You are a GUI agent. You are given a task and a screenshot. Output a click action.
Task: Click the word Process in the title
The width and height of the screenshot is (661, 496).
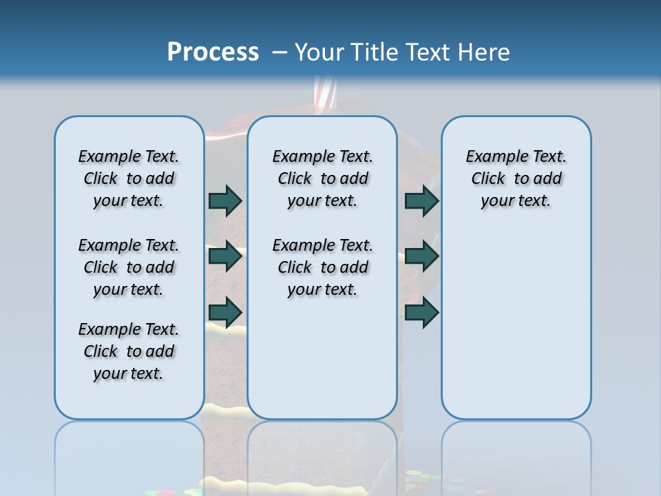(213, 52)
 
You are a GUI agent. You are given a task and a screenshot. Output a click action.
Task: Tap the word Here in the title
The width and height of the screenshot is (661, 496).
(483, 52)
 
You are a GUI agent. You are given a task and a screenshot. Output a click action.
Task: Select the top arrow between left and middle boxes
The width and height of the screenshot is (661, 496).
(225, 200)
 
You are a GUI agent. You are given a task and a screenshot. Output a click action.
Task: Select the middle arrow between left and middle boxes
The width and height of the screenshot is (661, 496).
(225, 256)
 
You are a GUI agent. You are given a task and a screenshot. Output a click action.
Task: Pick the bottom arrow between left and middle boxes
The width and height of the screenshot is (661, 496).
(225, 312)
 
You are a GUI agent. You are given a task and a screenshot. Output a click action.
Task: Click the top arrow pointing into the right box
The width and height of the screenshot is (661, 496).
(421, 200)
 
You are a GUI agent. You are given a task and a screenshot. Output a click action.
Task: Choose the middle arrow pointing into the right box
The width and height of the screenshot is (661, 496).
(421, 256)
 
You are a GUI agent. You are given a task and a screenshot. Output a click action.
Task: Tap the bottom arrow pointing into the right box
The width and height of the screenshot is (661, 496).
(421, 312)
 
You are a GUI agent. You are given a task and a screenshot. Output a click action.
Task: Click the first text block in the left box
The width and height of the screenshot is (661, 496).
(129, 178)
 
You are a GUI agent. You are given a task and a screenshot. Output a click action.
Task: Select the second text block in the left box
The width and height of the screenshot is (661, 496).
(129, 267)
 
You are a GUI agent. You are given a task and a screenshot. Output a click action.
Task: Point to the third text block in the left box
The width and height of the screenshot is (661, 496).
(129, 351)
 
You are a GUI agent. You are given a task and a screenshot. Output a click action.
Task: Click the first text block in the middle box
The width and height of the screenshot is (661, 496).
(322, 178)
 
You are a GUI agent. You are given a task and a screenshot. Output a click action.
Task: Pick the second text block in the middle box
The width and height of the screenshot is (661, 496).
(322, 267)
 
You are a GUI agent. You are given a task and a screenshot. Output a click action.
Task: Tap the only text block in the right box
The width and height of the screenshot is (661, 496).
(516, 178)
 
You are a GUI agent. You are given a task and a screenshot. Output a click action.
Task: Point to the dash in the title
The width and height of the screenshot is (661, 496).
(280, 52)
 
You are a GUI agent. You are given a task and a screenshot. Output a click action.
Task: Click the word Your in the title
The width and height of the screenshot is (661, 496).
(319, 52)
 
